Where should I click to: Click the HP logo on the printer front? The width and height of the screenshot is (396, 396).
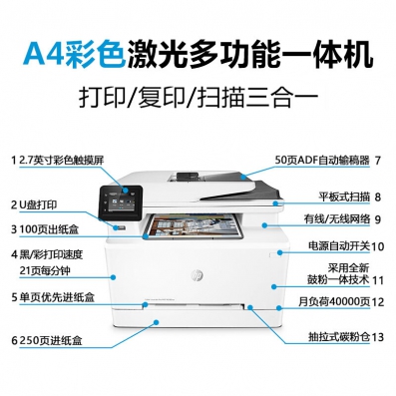197,275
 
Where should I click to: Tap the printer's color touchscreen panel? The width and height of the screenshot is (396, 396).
121,202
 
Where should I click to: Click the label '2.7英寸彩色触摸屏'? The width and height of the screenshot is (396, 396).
62,161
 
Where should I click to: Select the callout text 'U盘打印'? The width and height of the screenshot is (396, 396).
38,205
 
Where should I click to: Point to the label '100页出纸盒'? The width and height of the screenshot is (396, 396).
49,229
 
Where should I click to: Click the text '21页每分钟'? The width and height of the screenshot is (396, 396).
45,271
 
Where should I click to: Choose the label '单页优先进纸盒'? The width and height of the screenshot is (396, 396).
57,297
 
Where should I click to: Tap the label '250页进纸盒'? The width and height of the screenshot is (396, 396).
51,341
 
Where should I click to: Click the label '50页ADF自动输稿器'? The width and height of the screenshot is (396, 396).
322,161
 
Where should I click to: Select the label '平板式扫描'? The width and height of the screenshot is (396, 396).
344,197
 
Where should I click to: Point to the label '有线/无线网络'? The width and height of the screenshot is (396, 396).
337,219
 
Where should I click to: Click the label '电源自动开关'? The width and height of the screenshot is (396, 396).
339,246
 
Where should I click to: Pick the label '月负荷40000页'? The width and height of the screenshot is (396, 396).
334,301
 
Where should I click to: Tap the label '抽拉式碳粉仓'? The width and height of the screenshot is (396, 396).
339,337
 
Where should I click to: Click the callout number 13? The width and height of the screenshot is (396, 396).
378,337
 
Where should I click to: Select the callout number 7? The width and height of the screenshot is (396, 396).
377,161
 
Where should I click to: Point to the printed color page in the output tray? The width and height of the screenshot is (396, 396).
196,226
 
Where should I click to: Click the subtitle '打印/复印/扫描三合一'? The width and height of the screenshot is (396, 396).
198,97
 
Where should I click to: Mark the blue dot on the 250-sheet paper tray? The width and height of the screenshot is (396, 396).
156,322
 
